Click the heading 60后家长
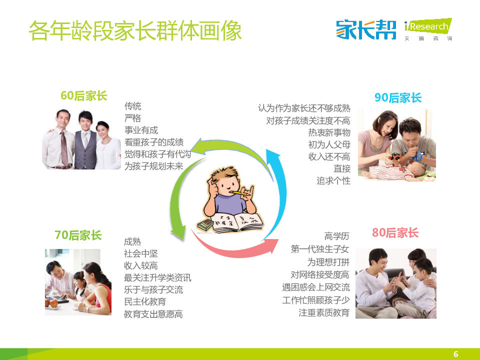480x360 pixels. [84, 96]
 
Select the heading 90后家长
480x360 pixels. [398, 97]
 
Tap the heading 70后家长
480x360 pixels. [78, 235]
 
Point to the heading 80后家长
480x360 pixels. [395, 233]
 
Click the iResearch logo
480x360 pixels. [428, 29]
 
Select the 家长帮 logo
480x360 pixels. [366, 29]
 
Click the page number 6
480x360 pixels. [456, 354]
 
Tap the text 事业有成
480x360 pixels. [141, 130]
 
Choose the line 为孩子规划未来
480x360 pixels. [153, 166]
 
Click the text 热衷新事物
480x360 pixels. [329, 132]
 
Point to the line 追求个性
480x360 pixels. [333, 180]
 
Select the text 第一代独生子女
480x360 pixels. [320, 249]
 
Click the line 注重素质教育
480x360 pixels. [324, 312]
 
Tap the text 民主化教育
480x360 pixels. [145, 301]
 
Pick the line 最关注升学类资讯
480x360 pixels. [157, 277]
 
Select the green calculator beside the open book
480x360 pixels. [205, 225]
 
